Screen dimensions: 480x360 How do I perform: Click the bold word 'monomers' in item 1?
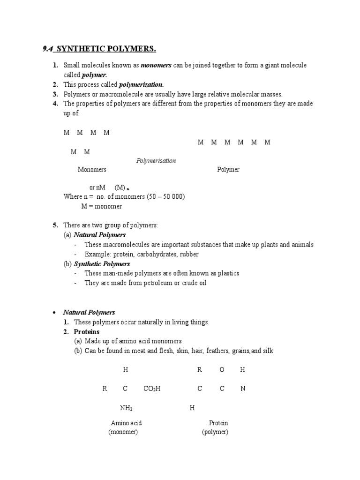(156, 66)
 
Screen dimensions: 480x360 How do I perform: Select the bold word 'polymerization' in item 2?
(142, 85)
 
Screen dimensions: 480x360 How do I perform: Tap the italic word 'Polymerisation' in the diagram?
(156, 161)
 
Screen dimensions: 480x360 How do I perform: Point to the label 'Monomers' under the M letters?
(92, 170)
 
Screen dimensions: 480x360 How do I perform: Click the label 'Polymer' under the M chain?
(228, 170)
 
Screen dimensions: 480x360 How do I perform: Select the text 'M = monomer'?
(102, 206)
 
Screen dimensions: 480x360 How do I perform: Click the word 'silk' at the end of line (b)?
(268, 351)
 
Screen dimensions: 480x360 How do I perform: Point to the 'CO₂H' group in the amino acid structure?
(152, 389)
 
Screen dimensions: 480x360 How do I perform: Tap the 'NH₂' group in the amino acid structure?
(126, 408)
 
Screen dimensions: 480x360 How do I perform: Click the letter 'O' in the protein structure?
(222, 370)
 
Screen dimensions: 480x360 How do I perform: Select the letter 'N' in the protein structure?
(243, 389)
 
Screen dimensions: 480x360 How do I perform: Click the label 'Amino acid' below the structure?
(126, 423)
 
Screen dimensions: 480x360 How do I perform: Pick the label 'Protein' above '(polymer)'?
(218, 423)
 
